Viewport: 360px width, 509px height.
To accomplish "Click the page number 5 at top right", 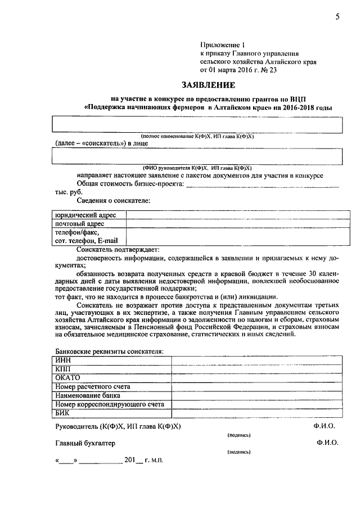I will point(337,17).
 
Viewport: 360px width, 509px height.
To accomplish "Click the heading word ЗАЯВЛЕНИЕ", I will point(207,85).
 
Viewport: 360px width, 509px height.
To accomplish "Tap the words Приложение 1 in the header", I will point(223,44).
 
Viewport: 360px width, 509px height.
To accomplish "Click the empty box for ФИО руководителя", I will point(196,156).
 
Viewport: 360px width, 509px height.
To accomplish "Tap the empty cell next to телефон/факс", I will point(233,236).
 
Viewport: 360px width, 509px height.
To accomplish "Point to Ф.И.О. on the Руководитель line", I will point(326,427).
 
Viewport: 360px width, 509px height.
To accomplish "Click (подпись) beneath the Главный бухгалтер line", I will point(239,452).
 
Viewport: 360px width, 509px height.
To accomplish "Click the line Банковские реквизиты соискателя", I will point(109,351).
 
